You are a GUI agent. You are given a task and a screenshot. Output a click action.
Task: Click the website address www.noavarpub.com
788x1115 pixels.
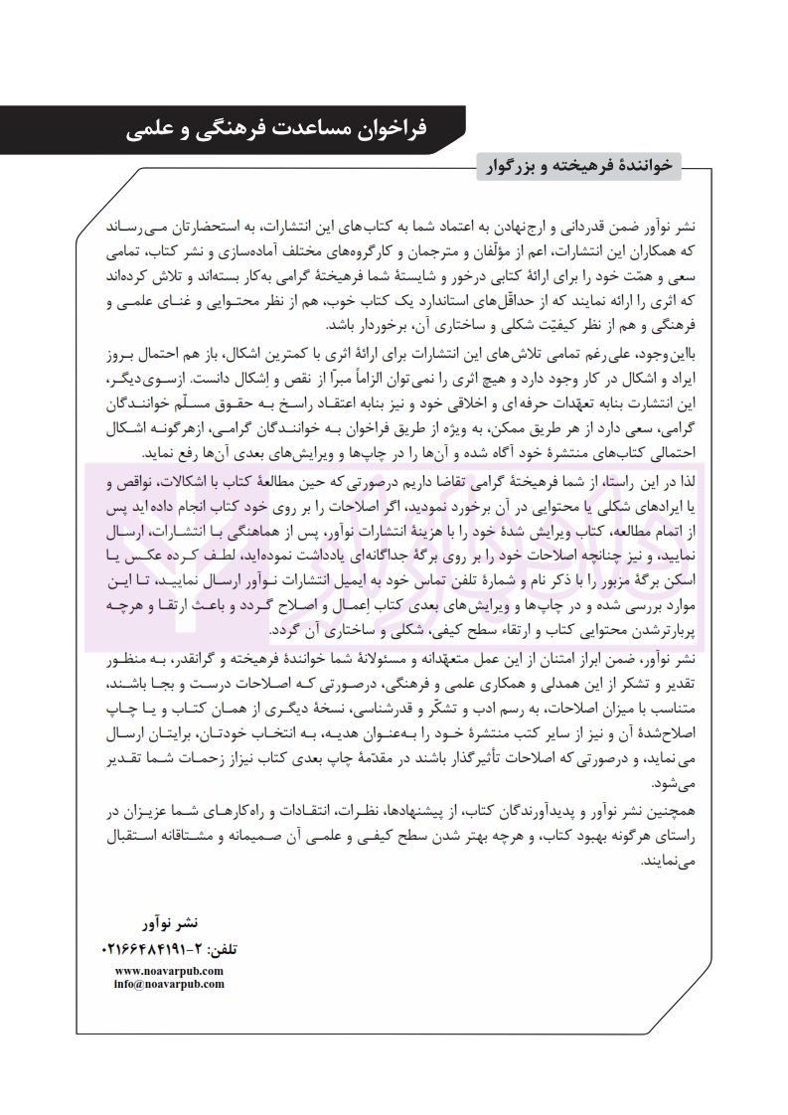click(x=169, y=970)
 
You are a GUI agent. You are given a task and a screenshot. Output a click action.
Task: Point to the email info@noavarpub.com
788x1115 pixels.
click(x=169, y=984)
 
